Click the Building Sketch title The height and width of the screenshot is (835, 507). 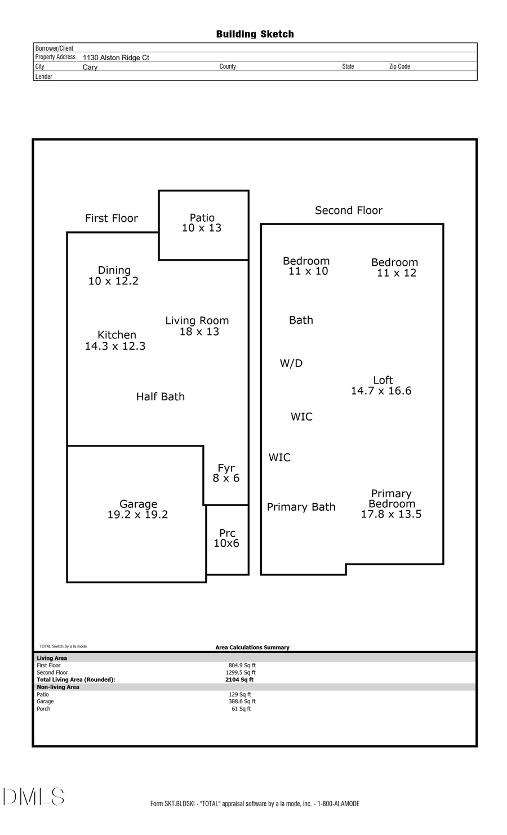[x=255, y=34]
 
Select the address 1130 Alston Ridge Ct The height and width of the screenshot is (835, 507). [x=116, y=57]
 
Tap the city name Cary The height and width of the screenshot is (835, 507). [x=90, y=67]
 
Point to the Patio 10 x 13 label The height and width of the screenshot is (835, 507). [x=202, y=223]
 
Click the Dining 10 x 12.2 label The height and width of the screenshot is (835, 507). [x=114, y=276]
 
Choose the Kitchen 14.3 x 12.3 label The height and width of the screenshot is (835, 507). [x=115, y=341]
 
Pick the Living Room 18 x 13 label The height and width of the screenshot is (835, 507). [x=197, y=326]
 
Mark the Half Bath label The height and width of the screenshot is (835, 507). [x=161, y=397]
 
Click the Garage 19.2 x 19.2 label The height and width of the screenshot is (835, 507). [x=138, y=510]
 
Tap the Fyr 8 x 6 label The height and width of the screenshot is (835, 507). [x=226, y=473]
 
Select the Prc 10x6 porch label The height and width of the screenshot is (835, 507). [x=226, y=538]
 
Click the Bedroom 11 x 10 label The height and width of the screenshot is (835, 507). [x=306, y=266]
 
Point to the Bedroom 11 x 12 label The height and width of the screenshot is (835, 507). [x=395, y=267]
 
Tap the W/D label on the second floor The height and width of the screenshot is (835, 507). [x=291, y=364]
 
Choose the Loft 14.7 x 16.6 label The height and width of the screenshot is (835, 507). [x=381, y=386]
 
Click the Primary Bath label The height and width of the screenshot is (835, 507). [x=301, y=507]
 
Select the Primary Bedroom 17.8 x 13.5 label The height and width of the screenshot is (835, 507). [x=392, y=504]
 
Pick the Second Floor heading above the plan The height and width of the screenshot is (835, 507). [x=349, y=211]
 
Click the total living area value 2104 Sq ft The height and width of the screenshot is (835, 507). [x=239, y=680]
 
